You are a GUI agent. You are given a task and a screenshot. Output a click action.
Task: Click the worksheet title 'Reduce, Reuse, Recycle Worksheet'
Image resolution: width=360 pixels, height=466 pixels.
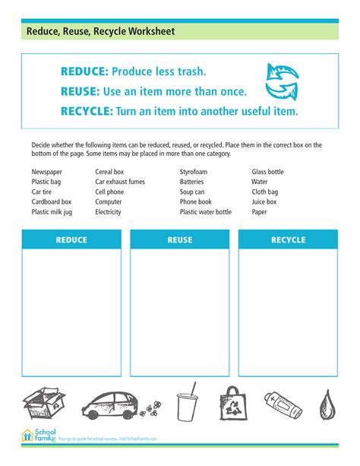coord(100,32)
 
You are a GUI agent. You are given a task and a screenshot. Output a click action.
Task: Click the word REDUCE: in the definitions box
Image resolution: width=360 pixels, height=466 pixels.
coord(84,72)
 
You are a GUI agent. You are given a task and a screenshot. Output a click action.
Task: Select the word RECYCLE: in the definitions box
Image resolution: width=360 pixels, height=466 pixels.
coord(87,111)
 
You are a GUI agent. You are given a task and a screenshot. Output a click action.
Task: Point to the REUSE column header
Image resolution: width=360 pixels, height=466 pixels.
coord(180,240)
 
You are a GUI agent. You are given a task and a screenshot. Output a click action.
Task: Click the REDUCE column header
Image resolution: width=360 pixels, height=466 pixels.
coord(71,240)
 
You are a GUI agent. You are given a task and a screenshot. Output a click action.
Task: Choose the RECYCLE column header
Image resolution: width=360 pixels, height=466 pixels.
coord(288,240)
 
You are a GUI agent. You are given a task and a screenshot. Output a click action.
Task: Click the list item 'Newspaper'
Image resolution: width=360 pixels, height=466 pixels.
coord(46,173)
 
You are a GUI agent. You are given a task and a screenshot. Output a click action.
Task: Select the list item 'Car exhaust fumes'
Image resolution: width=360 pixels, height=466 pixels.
coord(121,182)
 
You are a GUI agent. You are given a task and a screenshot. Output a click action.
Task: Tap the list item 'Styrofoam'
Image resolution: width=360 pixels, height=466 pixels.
coord(193,173)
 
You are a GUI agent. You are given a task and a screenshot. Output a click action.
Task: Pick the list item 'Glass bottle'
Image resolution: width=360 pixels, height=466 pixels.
coord(267,173)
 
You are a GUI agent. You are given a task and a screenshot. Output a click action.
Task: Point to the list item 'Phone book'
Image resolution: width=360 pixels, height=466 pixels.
coord(195,202)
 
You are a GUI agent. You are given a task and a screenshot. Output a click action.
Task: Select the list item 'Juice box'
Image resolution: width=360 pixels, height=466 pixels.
coord(264,202)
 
